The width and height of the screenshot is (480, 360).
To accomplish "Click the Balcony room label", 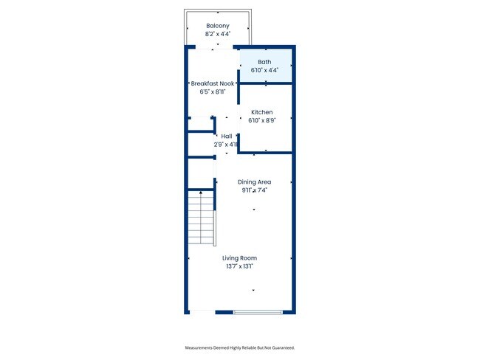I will [217, 26].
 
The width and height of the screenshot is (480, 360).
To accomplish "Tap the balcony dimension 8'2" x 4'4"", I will [217, 34].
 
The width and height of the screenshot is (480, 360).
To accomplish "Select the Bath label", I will [264, 62].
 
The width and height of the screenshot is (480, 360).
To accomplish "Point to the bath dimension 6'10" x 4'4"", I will [264, 70].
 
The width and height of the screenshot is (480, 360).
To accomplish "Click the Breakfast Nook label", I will [213, 84].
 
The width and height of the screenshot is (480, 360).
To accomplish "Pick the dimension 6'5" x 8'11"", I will [213, 92].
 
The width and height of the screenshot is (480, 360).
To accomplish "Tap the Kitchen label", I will [262, 112].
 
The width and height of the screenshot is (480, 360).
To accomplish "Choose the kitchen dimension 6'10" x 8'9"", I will [262, 120].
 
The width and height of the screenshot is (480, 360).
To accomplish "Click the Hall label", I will [227, 136].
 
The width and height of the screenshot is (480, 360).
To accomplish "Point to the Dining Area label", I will [254, 181].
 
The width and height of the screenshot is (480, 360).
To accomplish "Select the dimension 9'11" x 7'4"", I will [254, 190].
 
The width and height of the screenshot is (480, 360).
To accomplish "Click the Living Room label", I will [240, 258].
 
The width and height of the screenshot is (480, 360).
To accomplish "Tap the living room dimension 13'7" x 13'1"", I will [240, 266].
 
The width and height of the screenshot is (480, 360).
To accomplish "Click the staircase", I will [200, 218].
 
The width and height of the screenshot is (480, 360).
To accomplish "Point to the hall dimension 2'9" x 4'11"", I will [227, 145].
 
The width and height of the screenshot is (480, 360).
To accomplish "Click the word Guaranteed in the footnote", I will [285, 347].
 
